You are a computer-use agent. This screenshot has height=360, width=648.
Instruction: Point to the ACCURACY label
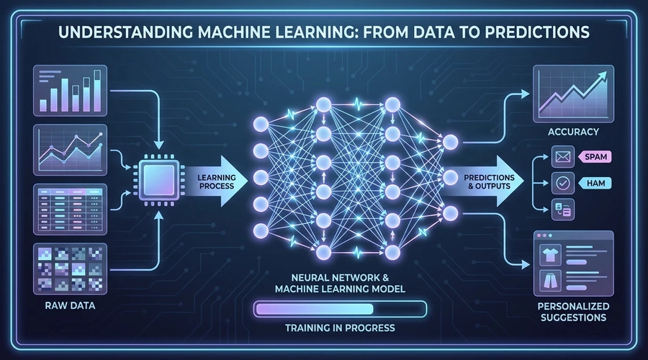pyautogui.click(x=573, y=132)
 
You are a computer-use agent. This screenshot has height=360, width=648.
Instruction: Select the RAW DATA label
pyautogui.click(x=71, y=305)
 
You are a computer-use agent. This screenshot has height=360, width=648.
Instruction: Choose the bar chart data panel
pyautogui.click(x=71, y=89)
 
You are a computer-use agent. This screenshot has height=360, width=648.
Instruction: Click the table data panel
pyautogui.click(x=71, y=206)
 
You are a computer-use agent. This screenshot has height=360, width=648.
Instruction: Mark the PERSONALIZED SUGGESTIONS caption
pyautogui.click(x=573, y=310)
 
